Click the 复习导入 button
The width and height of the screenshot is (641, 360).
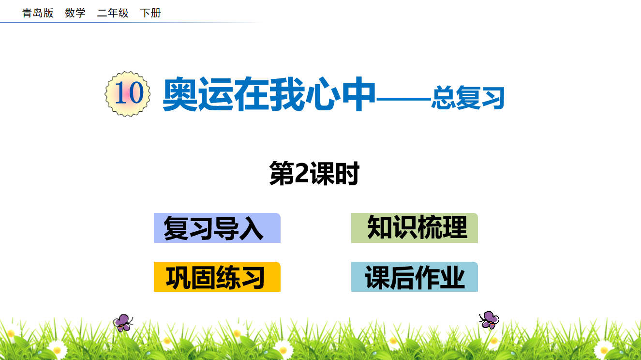tap(217, 228)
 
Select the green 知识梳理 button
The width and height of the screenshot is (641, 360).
tap(415, 228)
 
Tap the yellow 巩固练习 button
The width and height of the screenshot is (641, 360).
tap(217, 277)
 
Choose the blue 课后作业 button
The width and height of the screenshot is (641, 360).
tap(415, 277)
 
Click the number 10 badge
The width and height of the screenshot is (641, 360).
tap(128, 94)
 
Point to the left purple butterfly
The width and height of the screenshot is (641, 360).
tap(123, 323)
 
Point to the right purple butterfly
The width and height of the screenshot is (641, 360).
tap(489, 320)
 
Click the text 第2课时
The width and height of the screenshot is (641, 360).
tap(314, 173)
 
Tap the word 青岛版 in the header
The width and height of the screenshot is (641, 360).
tap(38, 13)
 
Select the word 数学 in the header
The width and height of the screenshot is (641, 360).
tap(75, 13)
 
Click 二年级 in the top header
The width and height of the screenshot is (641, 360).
tap(113, 13)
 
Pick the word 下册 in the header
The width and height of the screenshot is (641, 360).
tap(150, 13)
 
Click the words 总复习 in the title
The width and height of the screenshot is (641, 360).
tap(468, 98)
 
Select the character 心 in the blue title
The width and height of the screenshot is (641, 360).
tap(323, 94)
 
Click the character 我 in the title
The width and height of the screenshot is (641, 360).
tap(287, 94)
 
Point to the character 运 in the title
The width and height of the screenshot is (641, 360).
tap(216, 94)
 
